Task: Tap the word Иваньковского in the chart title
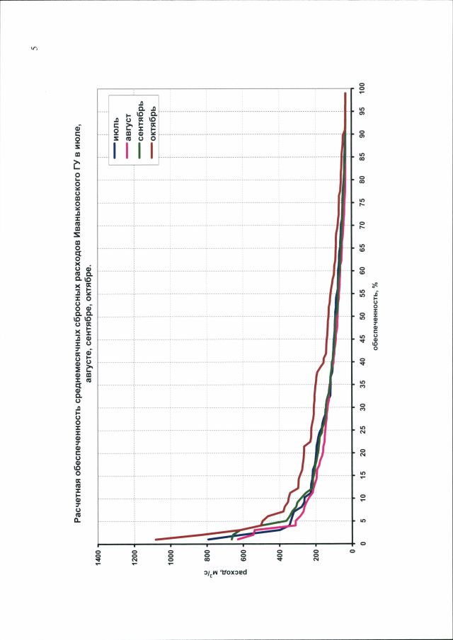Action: [x=76, y=212]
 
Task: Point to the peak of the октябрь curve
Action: [x=155, y=540]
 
